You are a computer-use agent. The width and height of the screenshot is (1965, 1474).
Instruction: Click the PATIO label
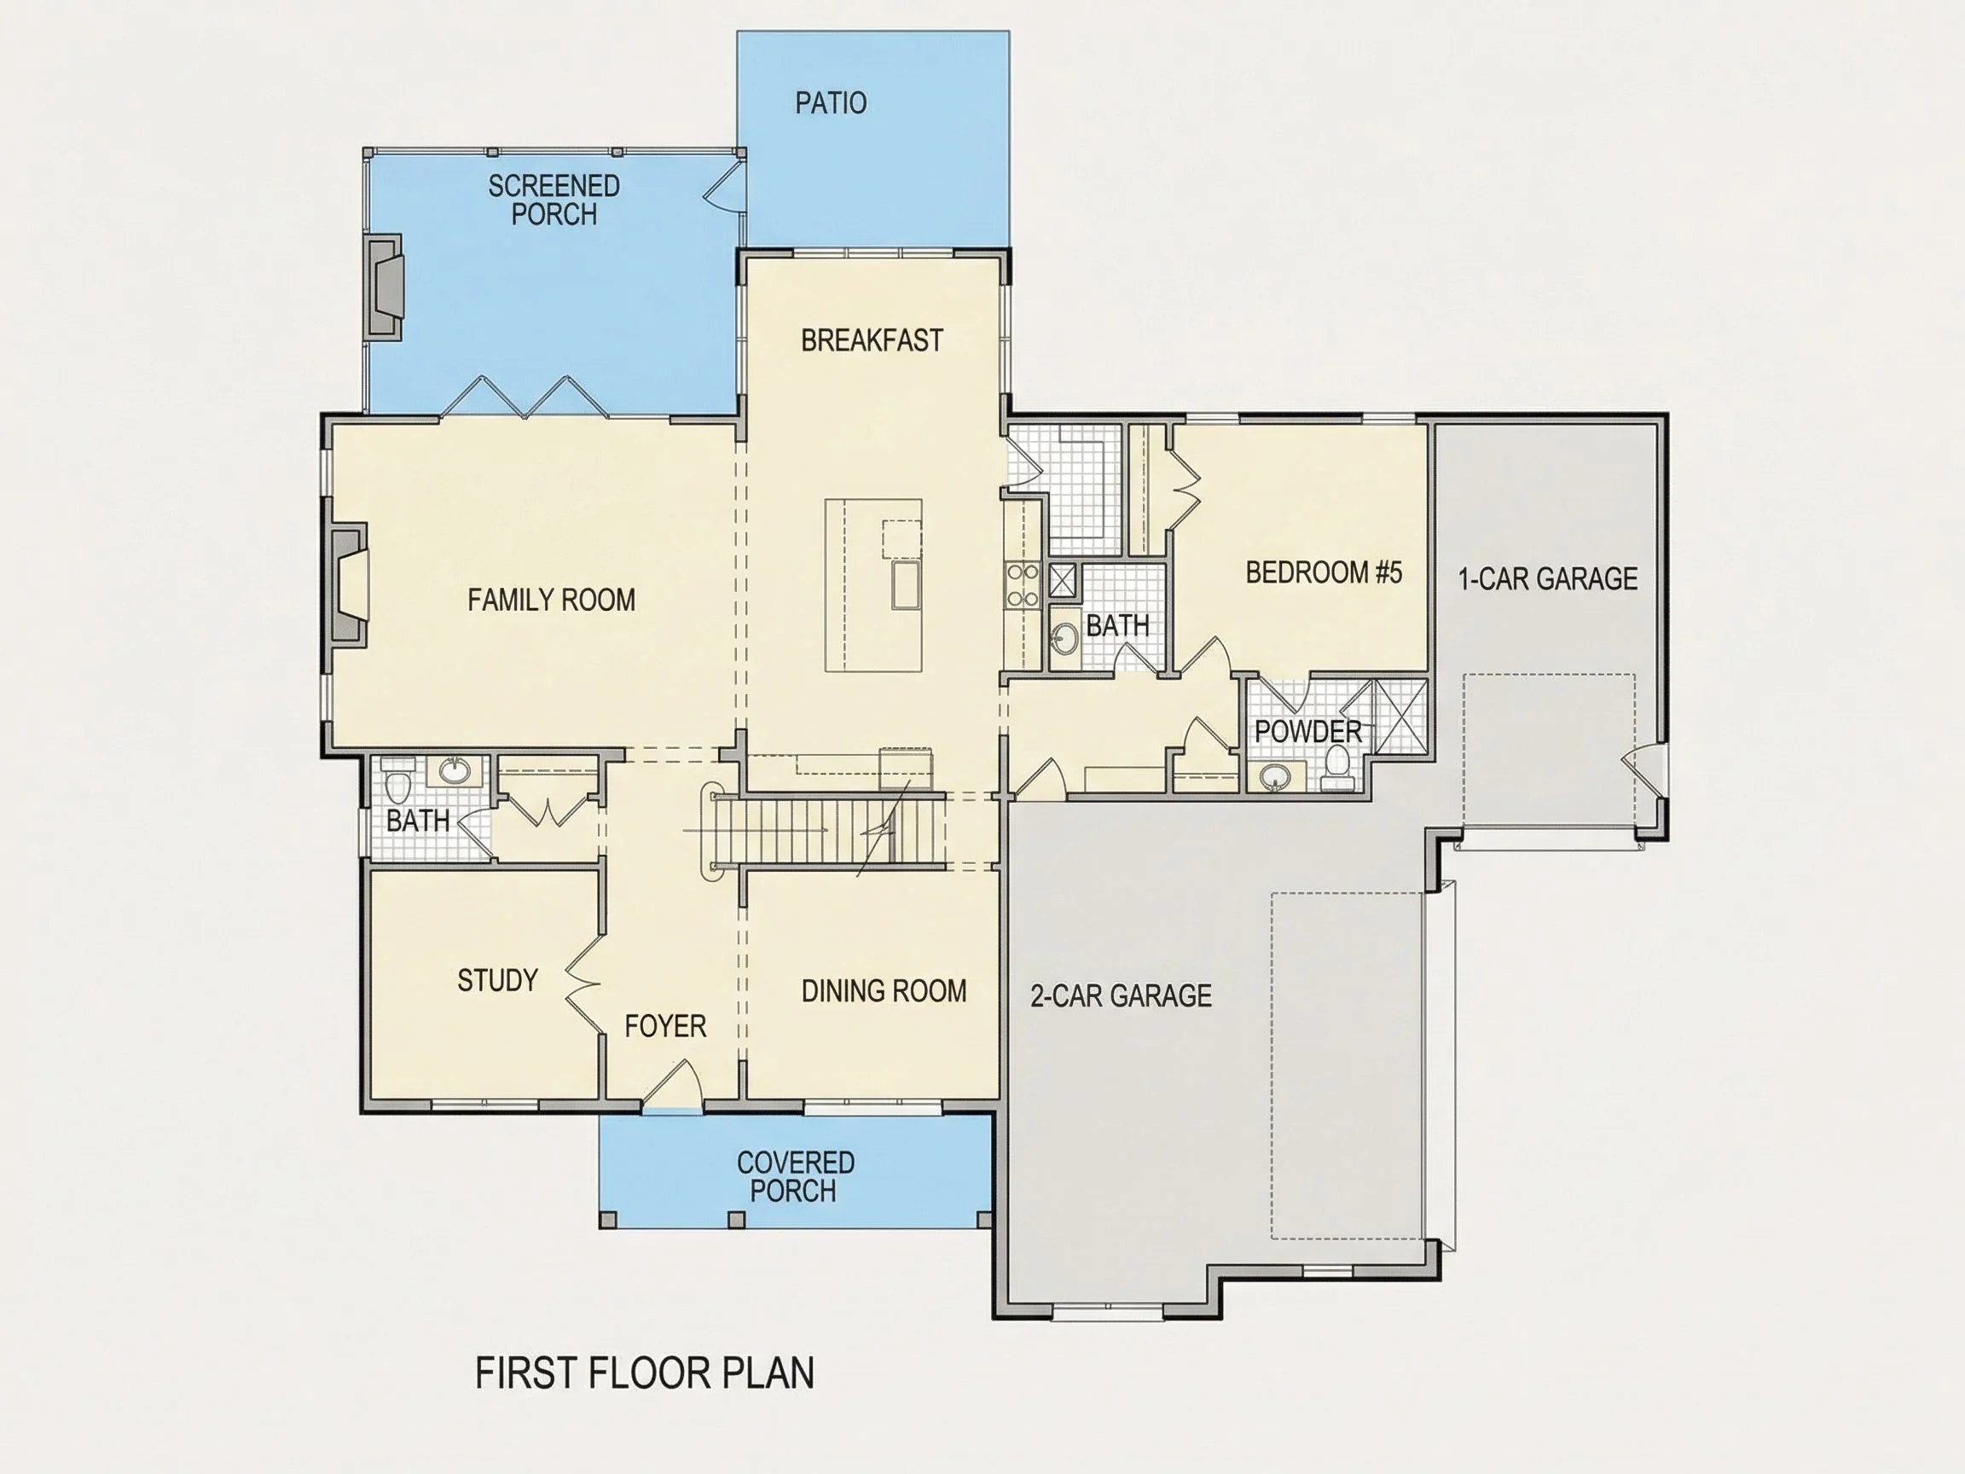click(x=831, y=103)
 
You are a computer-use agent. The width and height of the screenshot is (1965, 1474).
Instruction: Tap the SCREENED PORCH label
click(x=554, y=200)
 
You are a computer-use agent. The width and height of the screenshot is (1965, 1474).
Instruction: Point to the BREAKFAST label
click(x=872, y=340)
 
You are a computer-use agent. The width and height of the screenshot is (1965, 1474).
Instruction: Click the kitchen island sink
click(x=905, y=583)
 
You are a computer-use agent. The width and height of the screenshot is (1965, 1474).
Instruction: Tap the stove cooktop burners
click(x=1022, y=586)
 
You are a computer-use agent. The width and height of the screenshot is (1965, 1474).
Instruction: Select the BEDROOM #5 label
click(x=1324, y=573)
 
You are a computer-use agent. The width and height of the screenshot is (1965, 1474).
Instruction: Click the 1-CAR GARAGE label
click(x=1547, y=579)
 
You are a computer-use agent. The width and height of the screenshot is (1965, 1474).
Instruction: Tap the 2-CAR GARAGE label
click(x=1121, y=995)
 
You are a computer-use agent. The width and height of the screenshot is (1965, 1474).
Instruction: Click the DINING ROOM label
click(x=884, y=990)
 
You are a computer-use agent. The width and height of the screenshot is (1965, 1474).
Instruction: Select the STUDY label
click(x=497, y=980)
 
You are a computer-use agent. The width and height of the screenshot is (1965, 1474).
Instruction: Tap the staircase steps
click(x=830, y=830)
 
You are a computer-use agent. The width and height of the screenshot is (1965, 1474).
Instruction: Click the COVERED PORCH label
click(x=795, y=1176)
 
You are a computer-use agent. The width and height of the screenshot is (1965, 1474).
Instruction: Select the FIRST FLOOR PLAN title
click(x=645, y=1372)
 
